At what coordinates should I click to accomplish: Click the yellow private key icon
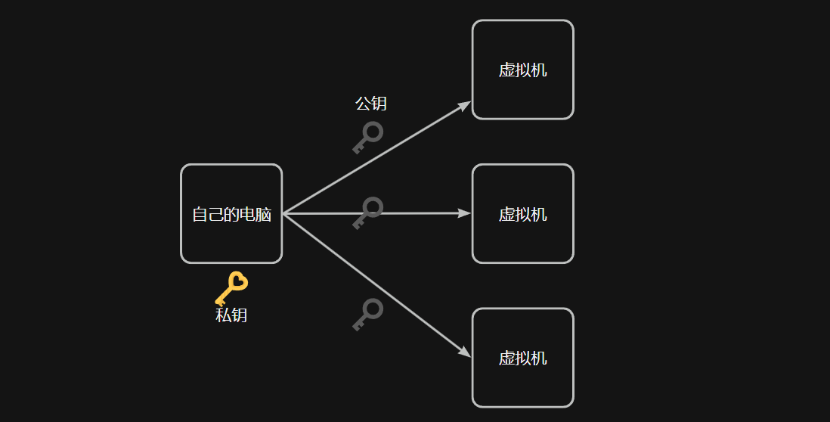point(231,288)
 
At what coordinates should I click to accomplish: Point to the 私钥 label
point(231,315)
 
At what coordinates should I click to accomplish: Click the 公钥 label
point(371,104)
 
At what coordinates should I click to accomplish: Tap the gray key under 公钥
point(368,138)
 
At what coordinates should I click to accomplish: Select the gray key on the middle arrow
point(368,213)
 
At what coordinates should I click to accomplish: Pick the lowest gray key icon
point(368,314)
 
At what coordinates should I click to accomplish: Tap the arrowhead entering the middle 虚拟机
point(466,213)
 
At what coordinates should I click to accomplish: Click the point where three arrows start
point(283,214)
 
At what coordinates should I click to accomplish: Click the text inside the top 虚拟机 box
point(522,70)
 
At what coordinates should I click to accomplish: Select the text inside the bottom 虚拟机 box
point(522,358)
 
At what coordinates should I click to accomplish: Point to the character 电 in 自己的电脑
point(247,215)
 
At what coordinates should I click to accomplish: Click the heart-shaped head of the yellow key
point(237,281)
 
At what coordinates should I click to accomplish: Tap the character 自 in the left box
point(200,215)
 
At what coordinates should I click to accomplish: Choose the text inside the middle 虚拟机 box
point(522,214)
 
